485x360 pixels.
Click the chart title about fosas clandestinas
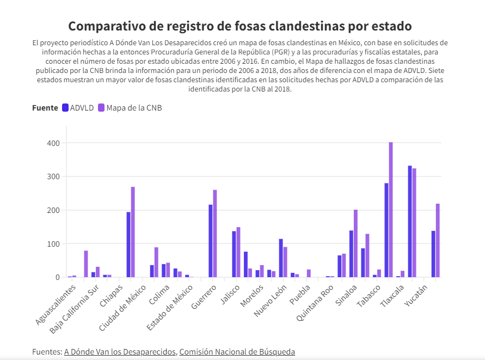240,26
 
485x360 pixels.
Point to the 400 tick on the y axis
53,143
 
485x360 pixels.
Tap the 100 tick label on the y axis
53,243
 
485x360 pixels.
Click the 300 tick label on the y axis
53,176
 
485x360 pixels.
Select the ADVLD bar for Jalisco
234,254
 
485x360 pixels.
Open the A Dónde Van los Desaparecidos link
120,352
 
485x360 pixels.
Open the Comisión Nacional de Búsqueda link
237,352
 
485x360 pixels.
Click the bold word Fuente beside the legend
45,108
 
